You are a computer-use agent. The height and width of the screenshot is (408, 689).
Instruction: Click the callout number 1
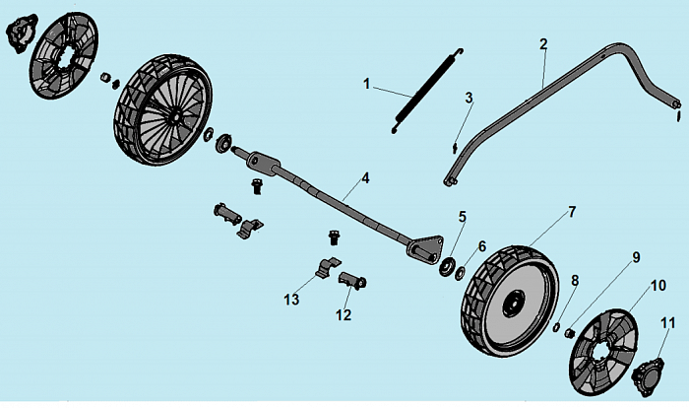coord(367,85)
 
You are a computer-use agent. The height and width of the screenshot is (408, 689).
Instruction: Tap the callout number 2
coord(543,43)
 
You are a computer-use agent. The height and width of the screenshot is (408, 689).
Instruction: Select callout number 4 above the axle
coord(365,178)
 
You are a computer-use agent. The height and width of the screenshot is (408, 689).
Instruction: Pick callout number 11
coord(666,322)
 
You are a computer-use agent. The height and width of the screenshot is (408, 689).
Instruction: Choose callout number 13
coord(291,299)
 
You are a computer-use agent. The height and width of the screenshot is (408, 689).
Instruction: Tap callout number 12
coord(344,315)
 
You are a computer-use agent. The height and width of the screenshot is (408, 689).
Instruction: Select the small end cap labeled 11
coord(649,377)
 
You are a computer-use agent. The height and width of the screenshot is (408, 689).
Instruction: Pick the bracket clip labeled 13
coord(329,267)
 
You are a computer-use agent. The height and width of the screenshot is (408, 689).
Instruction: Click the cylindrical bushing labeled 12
coord(353,283)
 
